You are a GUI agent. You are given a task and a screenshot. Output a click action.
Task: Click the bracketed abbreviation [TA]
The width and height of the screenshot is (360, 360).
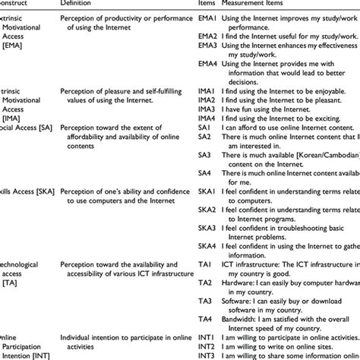(10, 303)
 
